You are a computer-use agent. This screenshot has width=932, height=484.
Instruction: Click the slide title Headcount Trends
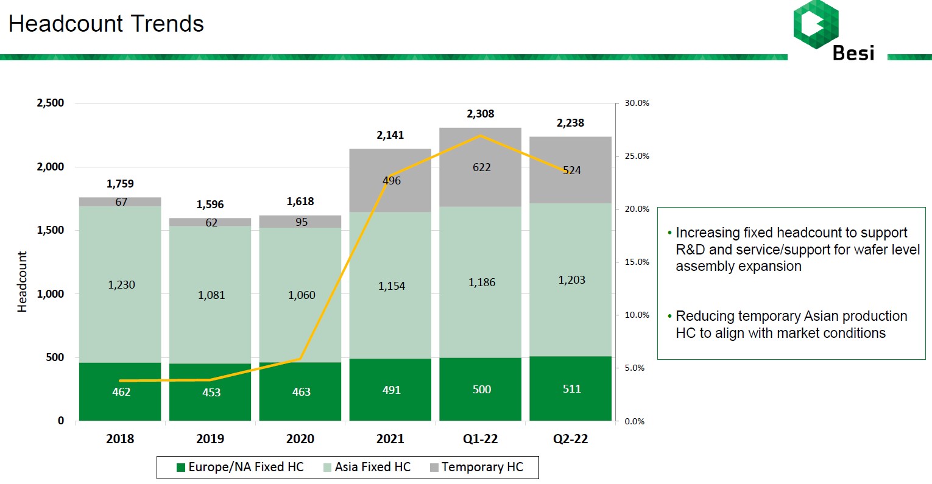[106, 24]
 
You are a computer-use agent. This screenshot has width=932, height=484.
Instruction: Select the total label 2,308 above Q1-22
[480, 114]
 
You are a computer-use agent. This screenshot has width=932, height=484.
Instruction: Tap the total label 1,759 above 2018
[120, 184]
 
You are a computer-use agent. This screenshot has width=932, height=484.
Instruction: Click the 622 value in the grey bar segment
[481, 167]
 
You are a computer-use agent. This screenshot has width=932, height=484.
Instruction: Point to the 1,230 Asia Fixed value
[121, 285]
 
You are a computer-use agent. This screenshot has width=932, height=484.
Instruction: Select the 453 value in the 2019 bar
[211, 393]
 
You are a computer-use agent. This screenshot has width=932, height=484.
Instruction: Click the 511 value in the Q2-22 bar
[571, 389]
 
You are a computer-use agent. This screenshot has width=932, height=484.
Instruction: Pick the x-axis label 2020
[300, 439]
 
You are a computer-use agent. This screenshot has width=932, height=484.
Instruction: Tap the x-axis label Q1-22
[480, 439]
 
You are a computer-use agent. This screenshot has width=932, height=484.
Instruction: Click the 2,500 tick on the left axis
[51, 103]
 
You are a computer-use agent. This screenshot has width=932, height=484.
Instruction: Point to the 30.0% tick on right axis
[637, 103]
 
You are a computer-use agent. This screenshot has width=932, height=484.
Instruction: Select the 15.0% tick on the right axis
[637, 262]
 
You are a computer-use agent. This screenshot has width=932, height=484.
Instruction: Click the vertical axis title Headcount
[23, 282]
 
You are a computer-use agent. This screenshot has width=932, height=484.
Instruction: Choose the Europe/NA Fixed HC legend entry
[240, 467]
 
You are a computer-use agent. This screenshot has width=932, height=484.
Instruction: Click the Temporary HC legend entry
[476, 467]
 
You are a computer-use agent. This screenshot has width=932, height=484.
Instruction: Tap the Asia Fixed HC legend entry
[367, 467]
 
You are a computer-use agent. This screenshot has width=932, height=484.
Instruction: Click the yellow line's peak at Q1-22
[481, 135]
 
